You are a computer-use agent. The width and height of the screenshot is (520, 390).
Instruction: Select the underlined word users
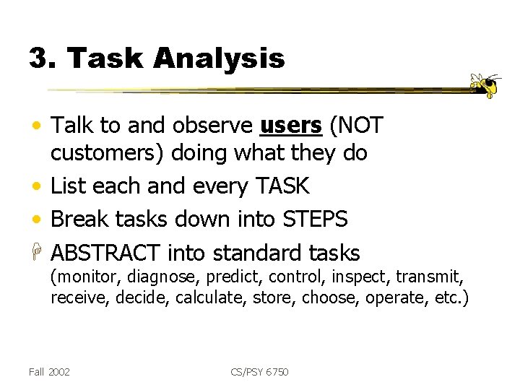[290, 126]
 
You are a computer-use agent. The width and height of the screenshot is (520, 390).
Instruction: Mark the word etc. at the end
[453, 297]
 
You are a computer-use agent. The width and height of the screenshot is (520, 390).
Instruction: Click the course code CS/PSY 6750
[259, 372]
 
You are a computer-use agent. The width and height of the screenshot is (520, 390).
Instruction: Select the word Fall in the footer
[35, 372]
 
